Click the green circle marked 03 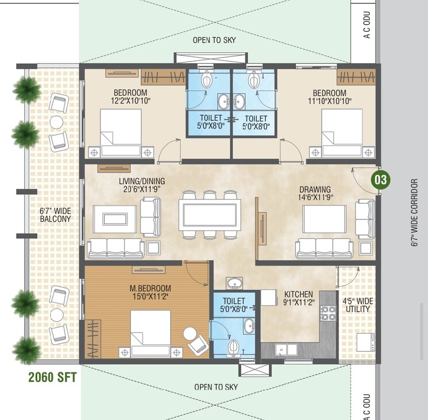(x=380, y=179)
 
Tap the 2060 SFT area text (x=53, y=377)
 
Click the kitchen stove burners (x=328, y=314)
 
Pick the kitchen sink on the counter (x=285, y=349)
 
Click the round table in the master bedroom (x=190, y=333)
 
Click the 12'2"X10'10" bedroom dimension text (x=130, y=101)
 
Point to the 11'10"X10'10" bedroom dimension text (x=329, y=101)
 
